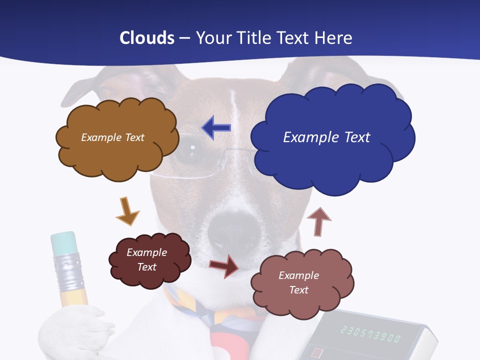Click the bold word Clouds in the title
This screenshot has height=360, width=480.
click(x=147, y=38)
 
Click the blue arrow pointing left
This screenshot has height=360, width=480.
click(x=217, y=128)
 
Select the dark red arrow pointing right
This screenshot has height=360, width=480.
click(x=224, y=265)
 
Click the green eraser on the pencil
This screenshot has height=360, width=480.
click(x=63, y=243)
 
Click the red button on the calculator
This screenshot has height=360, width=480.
click(x=316, y=353)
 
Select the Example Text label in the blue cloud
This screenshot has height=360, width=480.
click(x=326, y=137)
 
